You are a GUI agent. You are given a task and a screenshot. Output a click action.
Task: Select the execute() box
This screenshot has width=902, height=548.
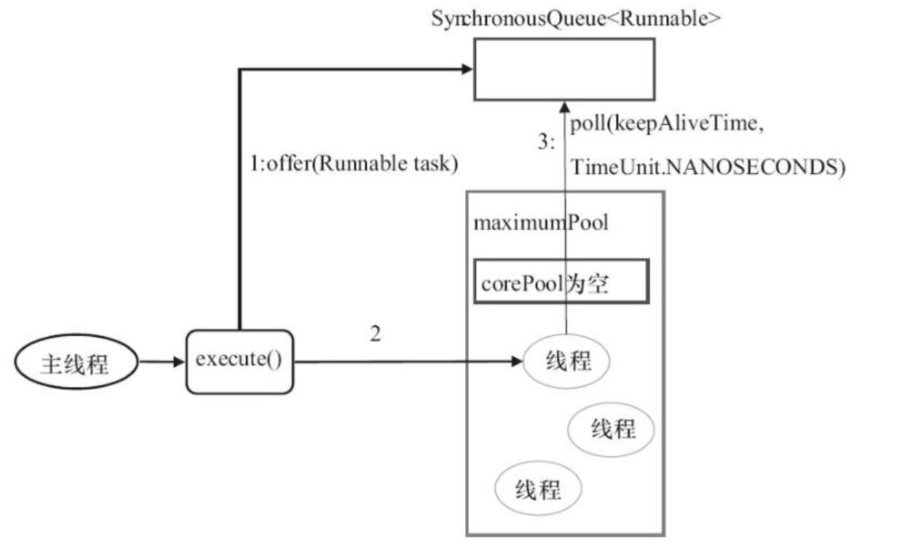coord(239,361)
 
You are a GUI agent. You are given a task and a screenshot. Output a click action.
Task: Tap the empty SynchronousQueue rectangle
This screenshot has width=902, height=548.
coord(563,68)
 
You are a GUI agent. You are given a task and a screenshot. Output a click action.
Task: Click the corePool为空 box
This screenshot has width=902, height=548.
coord(561,281)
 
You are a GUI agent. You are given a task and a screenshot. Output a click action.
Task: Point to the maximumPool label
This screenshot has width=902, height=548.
coord(540,222)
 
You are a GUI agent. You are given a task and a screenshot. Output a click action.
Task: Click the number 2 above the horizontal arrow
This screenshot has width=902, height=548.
coord(375,334)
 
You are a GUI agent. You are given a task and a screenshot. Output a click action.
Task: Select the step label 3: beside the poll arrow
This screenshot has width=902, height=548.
coord(547,143)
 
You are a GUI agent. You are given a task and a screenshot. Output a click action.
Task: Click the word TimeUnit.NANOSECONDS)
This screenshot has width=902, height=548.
coord(707,168)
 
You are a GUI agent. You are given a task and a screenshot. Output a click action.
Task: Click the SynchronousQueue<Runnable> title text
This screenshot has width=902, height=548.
coord(576,19)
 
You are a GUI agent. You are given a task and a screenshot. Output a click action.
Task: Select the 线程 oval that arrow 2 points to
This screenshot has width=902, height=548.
coord(566,361)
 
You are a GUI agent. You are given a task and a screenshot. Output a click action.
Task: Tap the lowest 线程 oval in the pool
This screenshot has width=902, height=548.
coord(538,489)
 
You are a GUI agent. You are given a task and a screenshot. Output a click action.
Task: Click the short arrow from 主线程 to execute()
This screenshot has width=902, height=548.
coord(162,361)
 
